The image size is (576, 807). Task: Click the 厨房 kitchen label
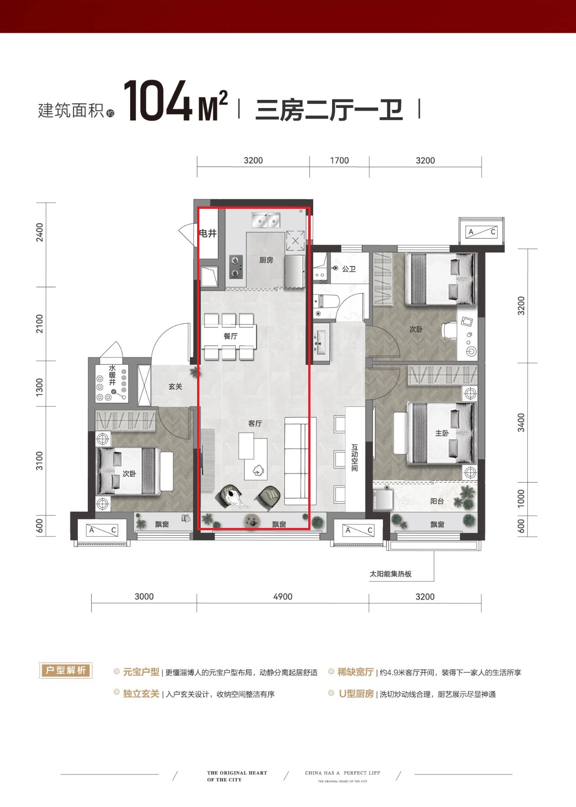point(266,260)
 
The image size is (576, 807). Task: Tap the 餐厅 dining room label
point(230,336)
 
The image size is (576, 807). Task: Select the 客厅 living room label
point(255,423)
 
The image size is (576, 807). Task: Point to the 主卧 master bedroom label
point(442,433)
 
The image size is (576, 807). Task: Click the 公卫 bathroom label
point(349,269)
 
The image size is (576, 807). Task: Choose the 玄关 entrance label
point(175,386)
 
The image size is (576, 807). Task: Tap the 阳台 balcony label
point(437,501)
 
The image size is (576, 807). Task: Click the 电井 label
point(208,233)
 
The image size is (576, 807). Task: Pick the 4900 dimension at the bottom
point(283,596)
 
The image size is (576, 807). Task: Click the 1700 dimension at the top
point(339,161)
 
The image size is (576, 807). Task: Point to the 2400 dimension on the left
point(40,232)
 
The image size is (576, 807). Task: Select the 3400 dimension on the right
point(521,423)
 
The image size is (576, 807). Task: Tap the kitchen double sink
point(265,220)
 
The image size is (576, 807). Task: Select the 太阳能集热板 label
point(391,574)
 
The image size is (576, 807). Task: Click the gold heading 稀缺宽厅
point(356,672)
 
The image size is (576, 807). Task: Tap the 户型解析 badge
point(66,670)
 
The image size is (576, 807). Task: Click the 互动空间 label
point(355,458)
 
